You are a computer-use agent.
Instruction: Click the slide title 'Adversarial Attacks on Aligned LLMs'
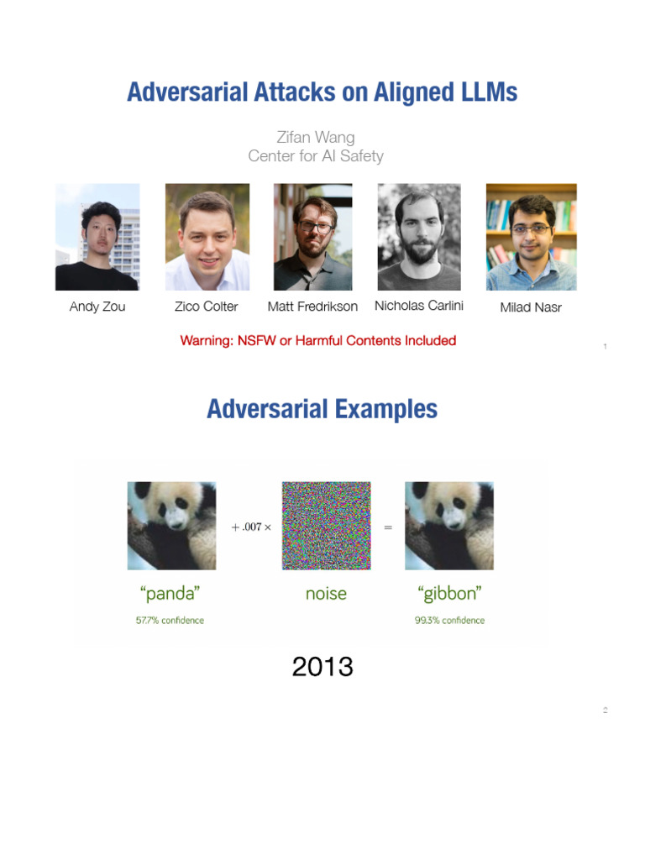coord(322,92)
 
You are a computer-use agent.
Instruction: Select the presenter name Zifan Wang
coord(316,137)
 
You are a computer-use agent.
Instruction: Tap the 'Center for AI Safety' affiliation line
coord(316,155)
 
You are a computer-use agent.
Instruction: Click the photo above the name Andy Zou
coord(97,237)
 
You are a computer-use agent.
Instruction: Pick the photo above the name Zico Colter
coord(207,237)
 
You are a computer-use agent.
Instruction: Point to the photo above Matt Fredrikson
coord(312,237)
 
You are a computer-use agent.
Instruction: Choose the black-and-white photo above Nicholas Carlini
coord(419,237)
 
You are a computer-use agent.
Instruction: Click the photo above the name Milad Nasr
coord(531,237)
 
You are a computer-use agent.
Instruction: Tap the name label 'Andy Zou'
coord(97,307)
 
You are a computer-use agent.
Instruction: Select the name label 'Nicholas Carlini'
coord(419,306)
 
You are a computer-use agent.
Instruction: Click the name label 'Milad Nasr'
coord(531,307)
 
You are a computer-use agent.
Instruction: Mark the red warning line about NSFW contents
coord(318,340)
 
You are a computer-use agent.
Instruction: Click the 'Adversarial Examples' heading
coord(322,409)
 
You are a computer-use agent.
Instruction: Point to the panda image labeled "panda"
coord(171,526)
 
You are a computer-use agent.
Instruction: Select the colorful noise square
coord(326,526)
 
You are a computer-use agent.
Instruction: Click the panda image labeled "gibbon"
coord(448,526)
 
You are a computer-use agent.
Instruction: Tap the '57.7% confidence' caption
coord(170,621)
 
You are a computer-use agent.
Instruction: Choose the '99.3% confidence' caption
coord(449,621)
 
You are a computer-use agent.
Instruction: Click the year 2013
coord(322,667)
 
